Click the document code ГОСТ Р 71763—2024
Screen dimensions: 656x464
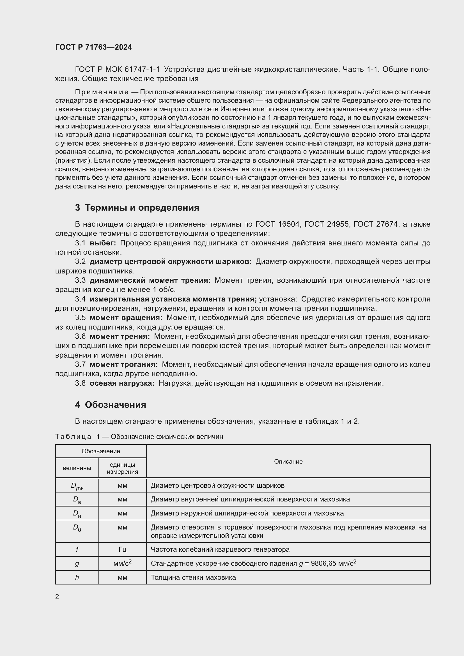pyautogui.click(x=93, y=47)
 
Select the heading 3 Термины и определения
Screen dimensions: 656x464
pyautogui.click(x=137, y=208)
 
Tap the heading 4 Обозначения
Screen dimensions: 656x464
pyautogui.click(x=111, y=405)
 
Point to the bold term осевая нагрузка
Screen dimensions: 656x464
pyautogui.click(x=122, y=383)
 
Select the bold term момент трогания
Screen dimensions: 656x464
pyautogui.click(x=124, y=365)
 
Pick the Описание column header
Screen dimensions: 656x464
pyautogui.click(x=288, y=461)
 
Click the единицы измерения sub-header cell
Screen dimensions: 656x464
pyautogui.click(x=122, y=468)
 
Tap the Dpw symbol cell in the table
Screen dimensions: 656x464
pyautogui.click(x=77, y=486)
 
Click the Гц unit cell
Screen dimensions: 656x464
pyautogui.click(x=122, y=549)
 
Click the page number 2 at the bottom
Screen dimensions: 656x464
pyautogui.click(x=57, y=597)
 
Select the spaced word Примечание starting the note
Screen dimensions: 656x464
pyautogui.click(x=102, y=92)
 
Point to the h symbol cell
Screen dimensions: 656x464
pyautogui.click(x=77, y=577)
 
